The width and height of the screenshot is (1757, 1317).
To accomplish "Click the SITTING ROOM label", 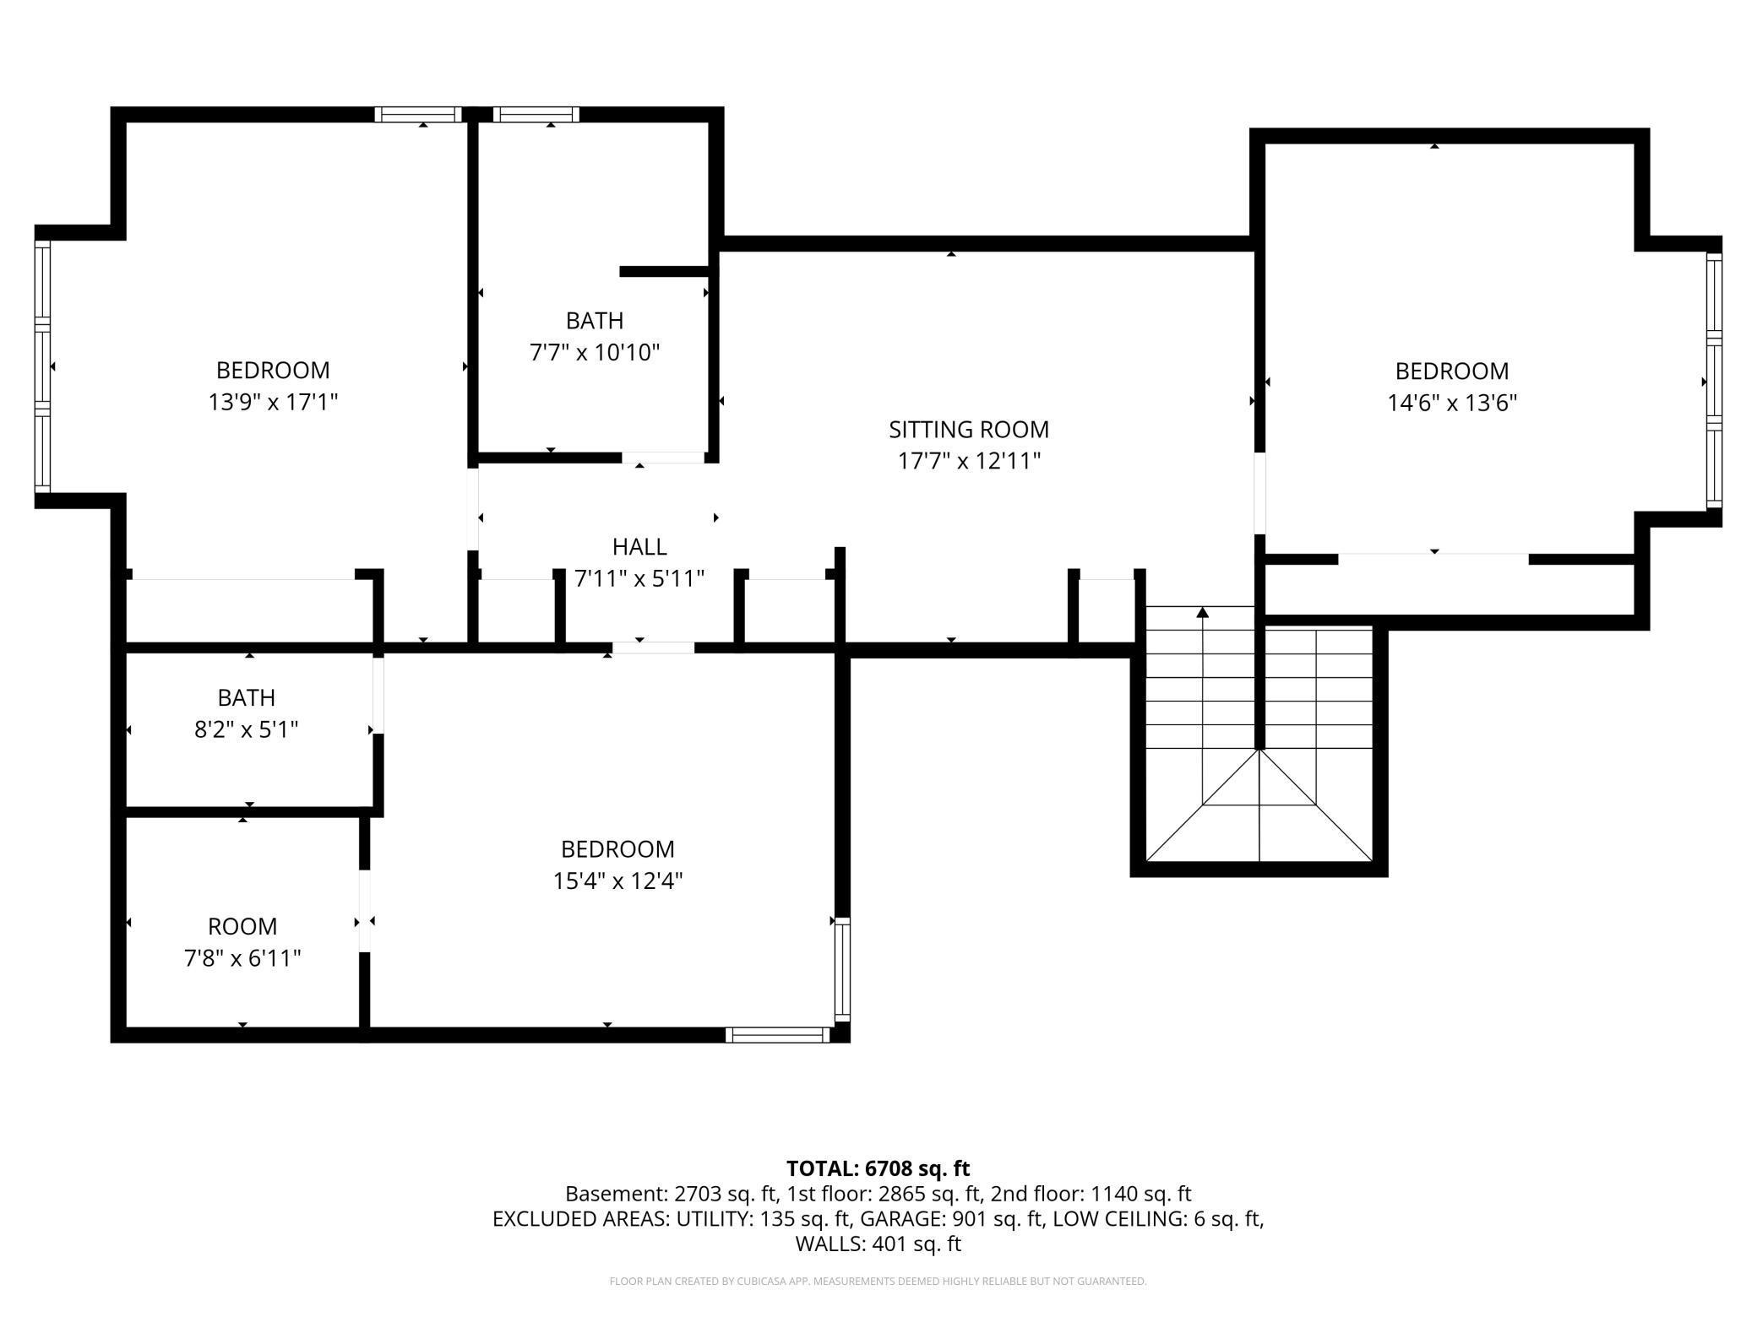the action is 969,430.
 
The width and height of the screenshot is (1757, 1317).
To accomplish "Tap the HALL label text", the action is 639,547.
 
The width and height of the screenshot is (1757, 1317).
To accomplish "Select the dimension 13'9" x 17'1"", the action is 273,402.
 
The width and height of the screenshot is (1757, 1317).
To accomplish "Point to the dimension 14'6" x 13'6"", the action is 1452,403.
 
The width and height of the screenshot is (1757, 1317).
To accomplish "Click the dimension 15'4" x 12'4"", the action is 617,881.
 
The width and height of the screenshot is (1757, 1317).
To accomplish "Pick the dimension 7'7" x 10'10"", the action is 595,352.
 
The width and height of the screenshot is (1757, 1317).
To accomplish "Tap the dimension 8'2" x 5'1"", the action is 247,729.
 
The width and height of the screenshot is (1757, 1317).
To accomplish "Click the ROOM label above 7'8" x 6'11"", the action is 242,927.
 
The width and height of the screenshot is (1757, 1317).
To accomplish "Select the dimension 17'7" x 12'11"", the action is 969,462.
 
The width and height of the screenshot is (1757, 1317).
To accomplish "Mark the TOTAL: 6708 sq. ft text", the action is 878,1168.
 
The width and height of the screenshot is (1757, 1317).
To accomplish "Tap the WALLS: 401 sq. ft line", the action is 878,1244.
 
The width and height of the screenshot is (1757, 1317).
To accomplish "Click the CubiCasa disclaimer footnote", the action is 878,1282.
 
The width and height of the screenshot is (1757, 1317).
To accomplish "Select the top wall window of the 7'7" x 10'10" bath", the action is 536,115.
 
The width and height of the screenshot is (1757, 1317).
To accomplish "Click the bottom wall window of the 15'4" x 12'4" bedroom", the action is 778,1035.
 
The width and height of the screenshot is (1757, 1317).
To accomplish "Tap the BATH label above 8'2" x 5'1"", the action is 247,698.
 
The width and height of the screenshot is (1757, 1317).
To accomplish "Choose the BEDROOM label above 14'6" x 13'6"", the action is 1452,371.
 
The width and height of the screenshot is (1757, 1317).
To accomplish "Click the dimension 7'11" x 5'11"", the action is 639,579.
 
